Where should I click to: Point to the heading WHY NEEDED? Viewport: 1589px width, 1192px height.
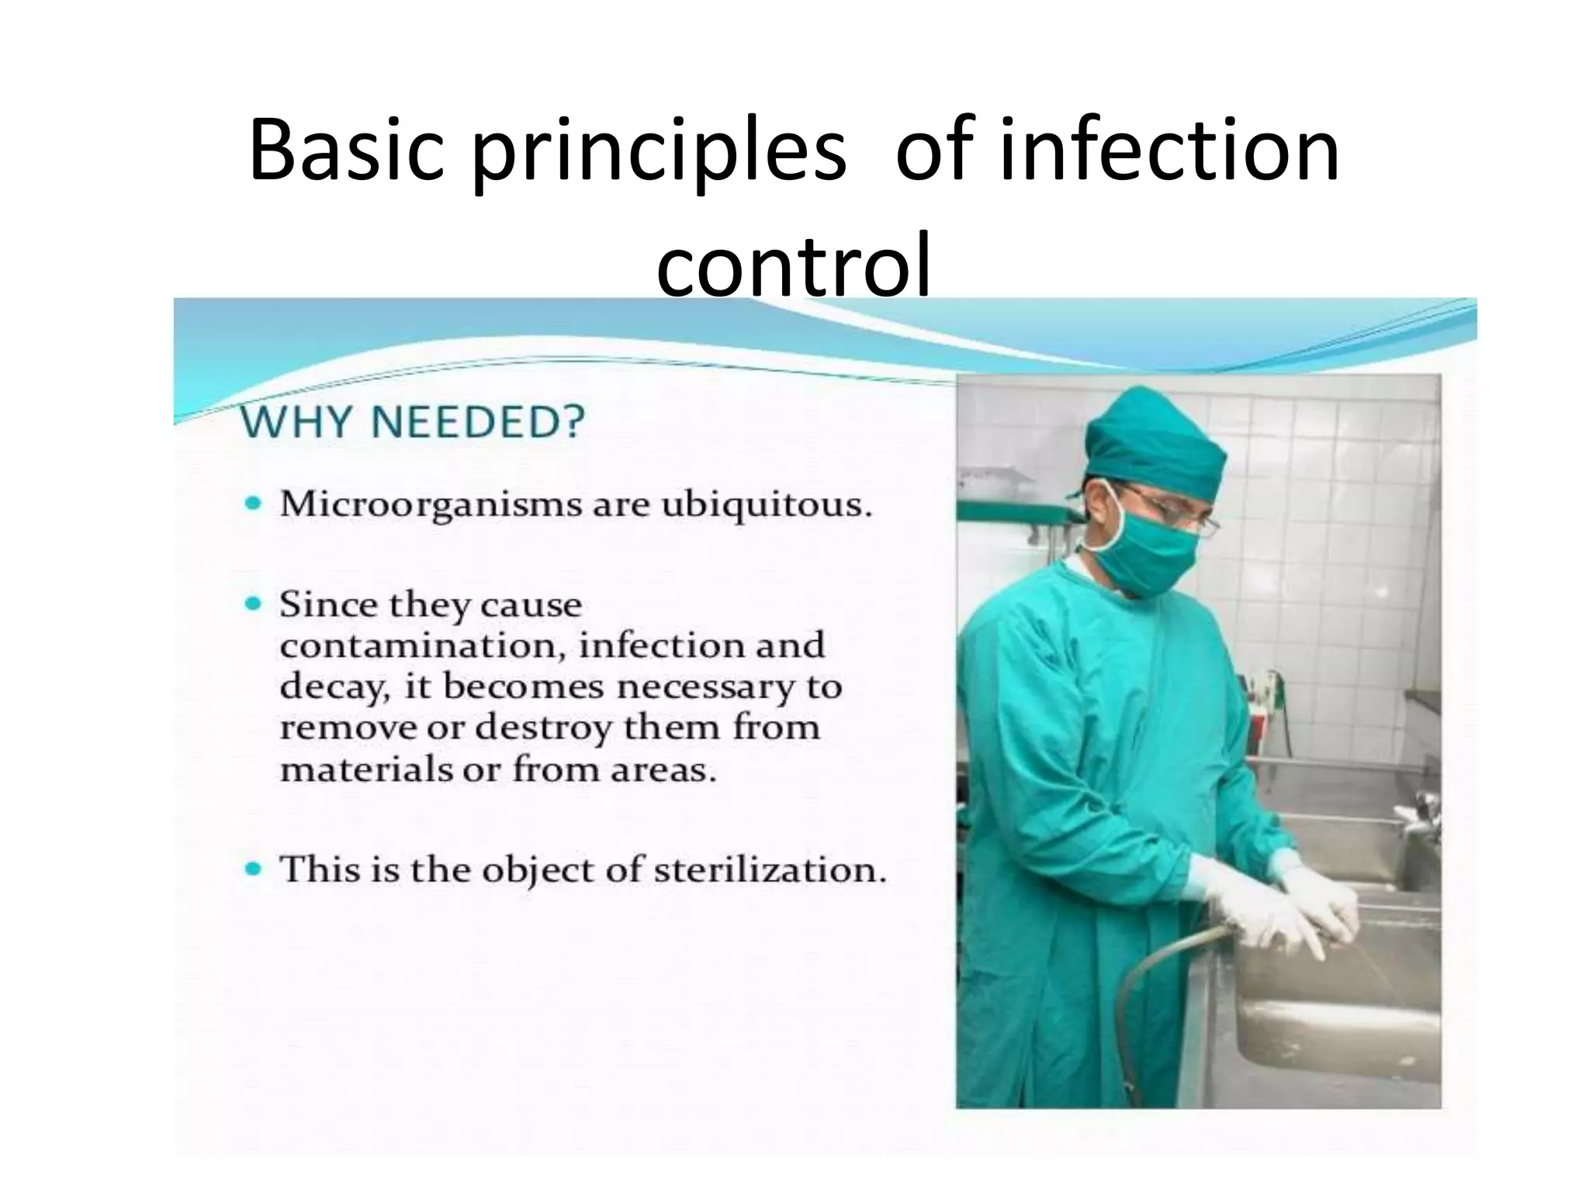[412, 424]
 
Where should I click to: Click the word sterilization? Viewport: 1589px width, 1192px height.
[768, 869]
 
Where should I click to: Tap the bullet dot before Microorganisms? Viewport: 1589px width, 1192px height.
[253, 504]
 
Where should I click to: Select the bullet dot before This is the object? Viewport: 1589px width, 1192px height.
[253, 868]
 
